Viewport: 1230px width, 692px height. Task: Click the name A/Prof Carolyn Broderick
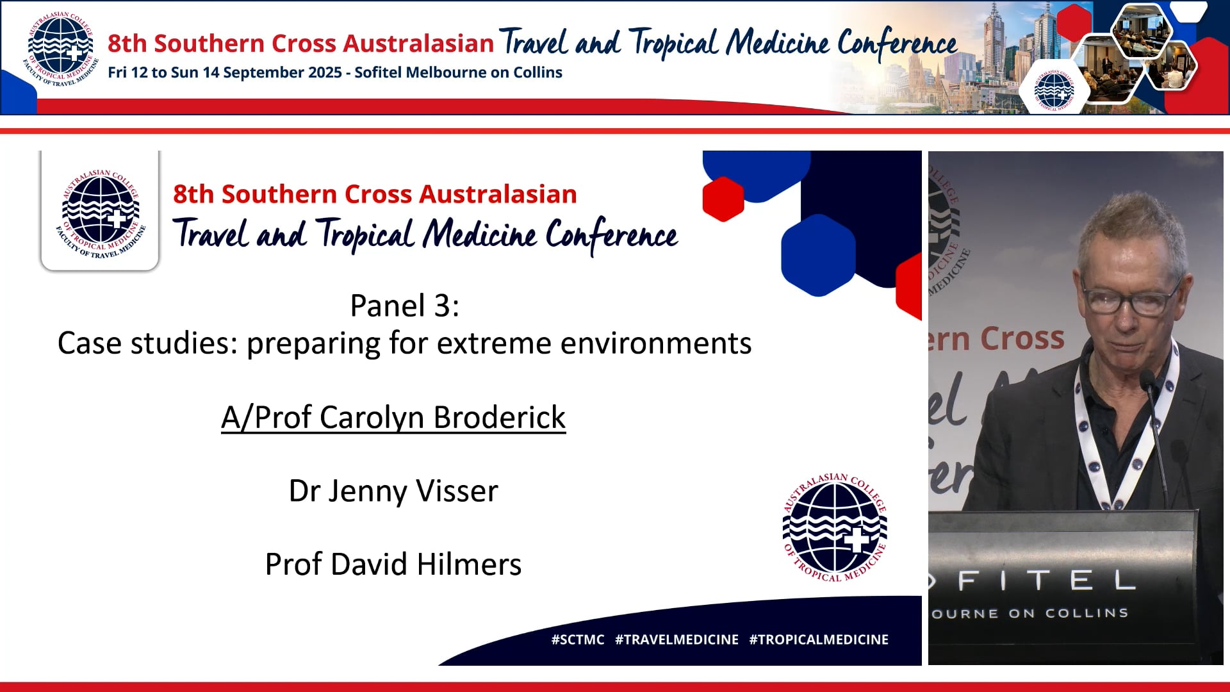(393, 418)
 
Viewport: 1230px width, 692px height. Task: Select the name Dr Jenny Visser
(393, 491)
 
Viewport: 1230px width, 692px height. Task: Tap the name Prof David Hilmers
(393, 564)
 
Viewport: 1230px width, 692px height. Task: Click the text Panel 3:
(404, 306)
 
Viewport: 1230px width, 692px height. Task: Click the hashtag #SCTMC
(578, 639)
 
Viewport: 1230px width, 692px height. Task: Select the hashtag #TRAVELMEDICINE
(676, 639)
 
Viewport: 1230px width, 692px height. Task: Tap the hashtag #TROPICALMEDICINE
(819, 639)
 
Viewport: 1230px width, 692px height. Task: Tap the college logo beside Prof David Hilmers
(835, 528)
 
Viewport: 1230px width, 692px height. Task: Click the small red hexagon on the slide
(723, 199)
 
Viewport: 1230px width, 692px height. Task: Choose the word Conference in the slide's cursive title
(611, 235)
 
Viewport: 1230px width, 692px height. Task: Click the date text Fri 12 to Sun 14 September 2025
(225, 72)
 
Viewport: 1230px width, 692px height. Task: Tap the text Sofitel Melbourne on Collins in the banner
(458, 72)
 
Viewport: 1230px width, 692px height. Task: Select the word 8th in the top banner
(127, 44)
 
